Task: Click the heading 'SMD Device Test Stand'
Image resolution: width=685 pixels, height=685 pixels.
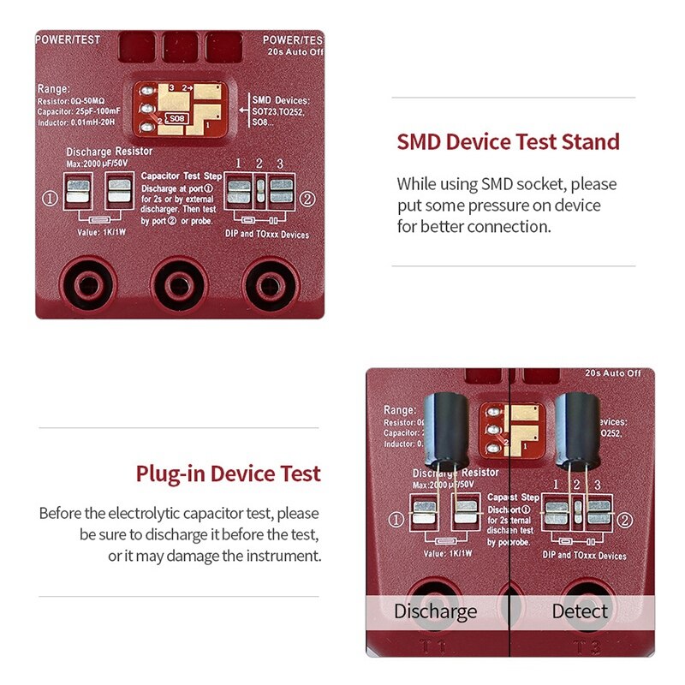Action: click(508, 141)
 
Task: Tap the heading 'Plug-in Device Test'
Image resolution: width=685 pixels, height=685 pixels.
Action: click(228, 474)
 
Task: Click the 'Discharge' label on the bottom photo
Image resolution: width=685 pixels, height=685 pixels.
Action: click(435, 611)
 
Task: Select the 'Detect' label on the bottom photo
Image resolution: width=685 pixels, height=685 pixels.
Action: click(580, 611)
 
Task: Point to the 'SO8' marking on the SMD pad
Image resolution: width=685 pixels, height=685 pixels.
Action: click(176, 118)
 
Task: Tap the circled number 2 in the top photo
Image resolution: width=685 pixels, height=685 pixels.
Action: click(307, 199)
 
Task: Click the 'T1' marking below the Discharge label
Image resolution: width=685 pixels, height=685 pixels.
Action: click(436, 646)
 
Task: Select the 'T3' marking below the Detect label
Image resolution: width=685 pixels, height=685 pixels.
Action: click(581, 646)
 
